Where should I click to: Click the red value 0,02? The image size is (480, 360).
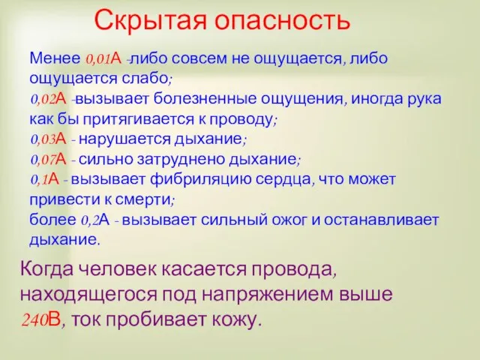coord(42,100)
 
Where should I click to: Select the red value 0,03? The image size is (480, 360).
coord(42,139)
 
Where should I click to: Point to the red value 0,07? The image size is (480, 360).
coord(42,160)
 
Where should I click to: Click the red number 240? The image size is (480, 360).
coord(34,320)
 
